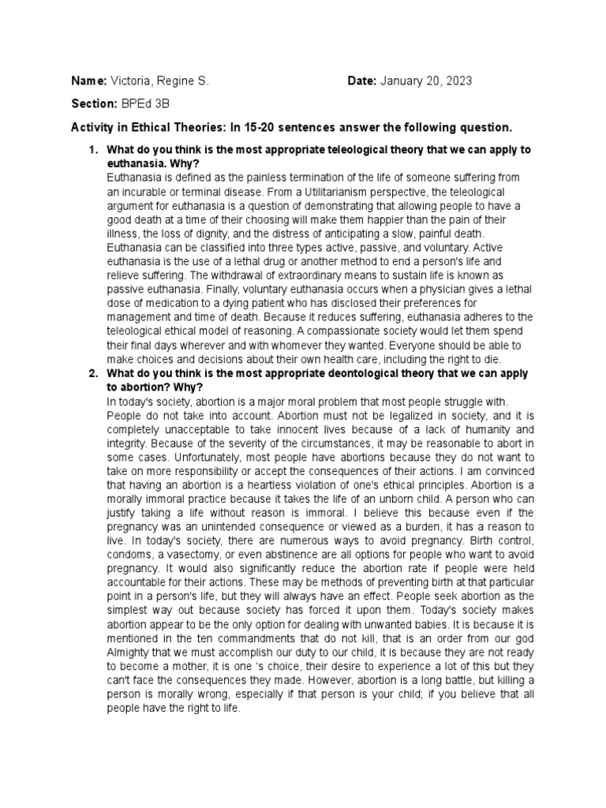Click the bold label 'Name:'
[x=88, y=82]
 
